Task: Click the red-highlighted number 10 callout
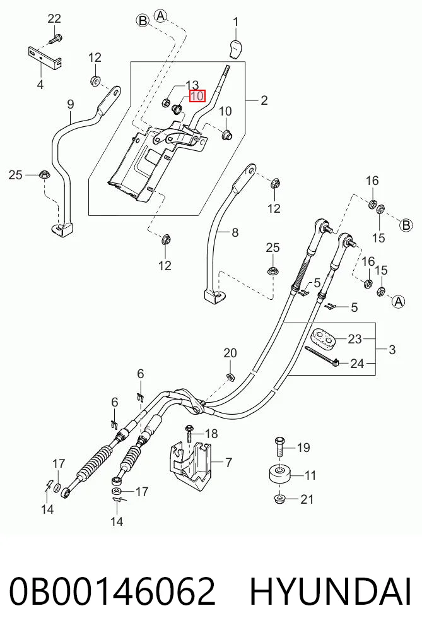pyautogui.click(x=197, y=96)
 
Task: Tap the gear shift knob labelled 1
pyautogui.click(x=236, y=49)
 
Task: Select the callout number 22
pyautogui.click(x=54, y=18)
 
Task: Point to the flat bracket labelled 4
pyautogui.click(x=45, y=57)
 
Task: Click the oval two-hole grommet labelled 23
pyautogui.click(x=324, y=338)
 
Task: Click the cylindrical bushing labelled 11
pyautogui.click(x=279, y=475)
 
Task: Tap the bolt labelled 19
pyautogui.click(x=279, y=448)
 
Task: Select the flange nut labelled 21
pyautogui.click(x=279, y=499)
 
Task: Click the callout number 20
pyautogui.click(x=230, y=353)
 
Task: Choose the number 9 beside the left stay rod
pyautogui.click(x=71, y=104)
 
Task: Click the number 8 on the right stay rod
pyautogui.click(x=235, y=232)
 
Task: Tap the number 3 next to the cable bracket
pyautogui.click(x=392, y=350)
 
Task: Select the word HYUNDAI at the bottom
pyautogui.click(x=330, y=591)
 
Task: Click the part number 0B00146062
pyautogui.click(x=112, y=591)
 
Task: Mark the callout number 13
pyautogui.click(x=192, y=85)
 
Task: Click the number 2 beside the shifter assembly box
pyautogui.click(x=264, y=100)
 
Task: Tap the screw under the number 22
pyautogui.click(x=55, y=40)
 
